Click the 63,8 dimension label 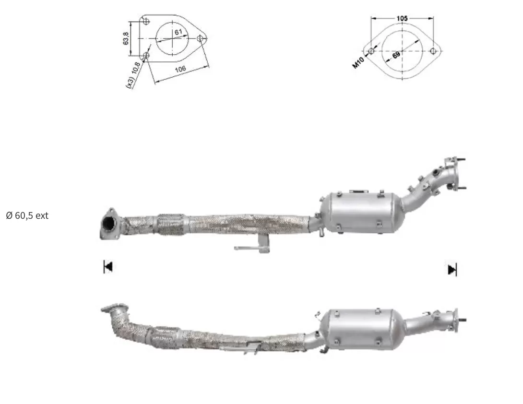tap(126, 39)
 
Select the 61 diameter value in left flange tap(178, 32)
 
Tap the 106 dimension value tap(180, 69)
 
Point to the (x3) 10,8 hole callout tap(133, 75)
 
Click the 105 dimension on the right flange tap(402, 18)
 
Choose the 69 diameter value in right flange tap(396, 55)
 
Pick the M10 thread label tap(358, 63)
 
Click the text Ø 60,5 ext tap(27, 215)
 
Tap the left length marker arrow tap(108, 267)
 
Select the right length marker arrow tap(452, 270)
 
